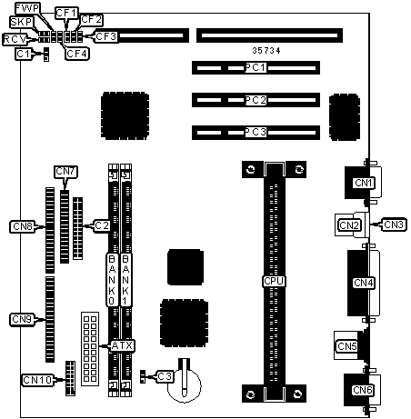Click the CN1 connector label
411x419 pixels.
tap(364, 183)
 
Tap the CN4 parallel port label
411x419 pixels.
tap(364, 283)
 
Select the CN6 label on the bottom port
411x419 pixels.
tap(363, 390)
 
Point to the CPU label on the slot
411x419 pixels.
tap(274, 281)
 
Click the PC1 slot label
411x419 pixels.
tap(256, 67)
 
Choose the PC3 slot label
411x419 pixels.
tap(256, 132)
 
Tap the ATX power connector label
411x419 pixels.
tap(122, 345)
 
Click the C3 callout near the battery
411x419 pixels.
tap(165, 376)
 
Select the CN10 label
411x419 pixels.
tap(37, 380)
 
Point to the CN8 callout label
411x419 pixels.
tap(23, 226)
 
